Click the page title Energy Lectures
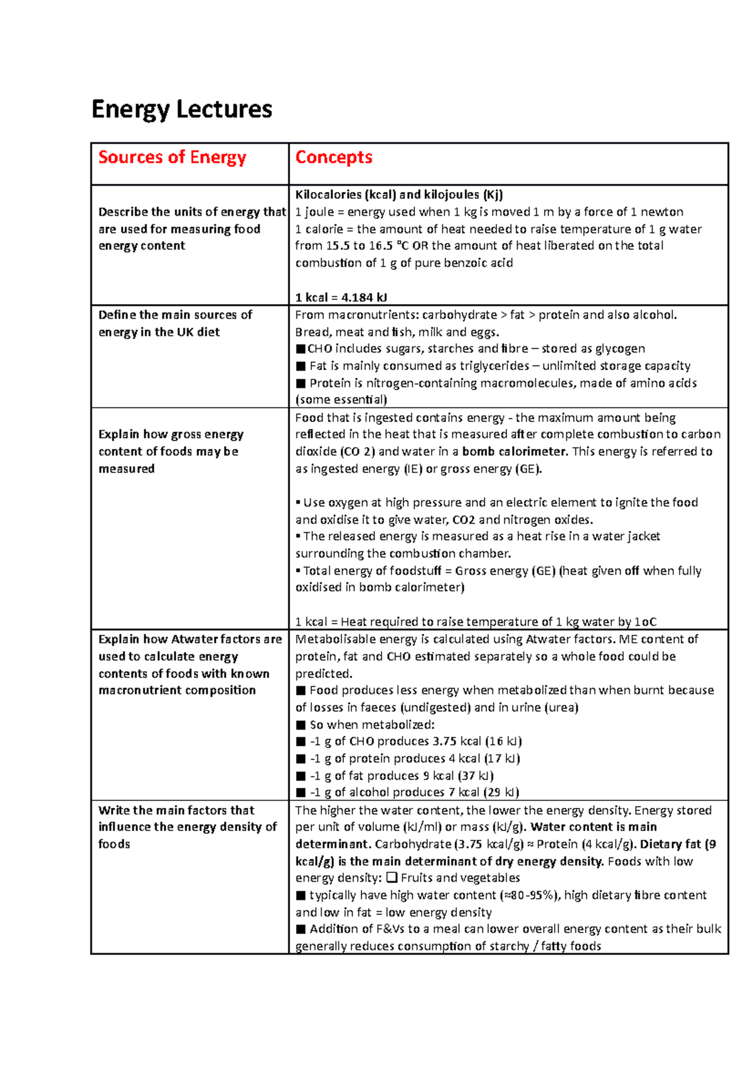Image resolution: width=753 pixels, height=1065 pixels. [x=181, y=109]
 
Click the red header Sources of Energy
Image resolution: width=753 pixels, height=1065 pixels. [x=172, y=157]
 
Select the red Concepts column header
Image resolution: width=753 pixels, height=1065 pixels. [x=333, y=157]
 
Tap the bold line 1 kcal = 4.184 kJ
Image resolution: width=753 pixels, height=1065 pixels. [x=341, y=297]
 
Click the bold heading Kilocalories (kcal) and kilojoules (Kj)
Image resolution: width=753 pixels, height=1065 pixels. [x=399, y=194]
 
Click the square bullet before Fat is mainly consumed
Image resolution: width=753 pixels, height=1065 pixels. [x=301, y=366]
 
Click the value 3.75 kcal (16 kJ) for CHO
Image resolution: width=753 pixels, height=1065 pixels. [x=478, y=741]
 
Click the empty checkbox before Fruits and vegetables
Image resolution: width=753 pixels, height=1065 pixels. [x=392, y=878]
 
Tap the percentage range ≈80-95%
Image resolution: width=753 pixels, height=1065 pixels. [x=527, y=895]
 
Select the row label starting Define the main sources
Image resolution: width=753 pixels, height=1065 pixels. [x=175, y=315]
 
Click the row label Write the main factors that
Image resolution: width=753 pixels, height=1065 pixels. [x=176, y=810]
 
